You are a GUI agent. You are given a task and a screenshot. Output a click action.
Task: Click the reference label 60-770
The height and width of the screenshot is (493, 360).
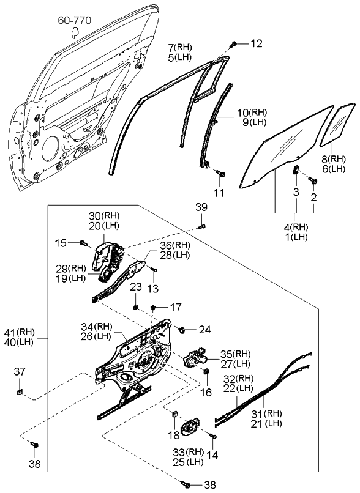pos(74,21)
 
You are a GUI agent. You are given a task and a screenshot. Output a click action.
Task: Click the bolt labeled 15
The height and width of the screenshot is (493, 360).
pos(82,243)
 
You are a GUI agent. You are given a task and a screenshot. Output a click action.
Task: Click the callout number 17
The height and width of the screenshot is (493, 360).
pos(176,307)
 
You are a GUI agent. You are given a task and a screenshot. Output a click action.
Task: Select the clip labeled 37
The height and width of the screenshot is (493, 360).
pos(20,392)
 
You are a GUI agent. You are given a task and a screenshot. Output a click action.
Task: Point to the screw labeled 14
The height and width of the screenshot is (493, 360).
pos(212,436)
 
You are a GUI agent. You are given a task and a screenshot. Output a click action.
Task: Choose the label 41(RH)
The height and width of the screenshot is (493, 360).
pos(20,333)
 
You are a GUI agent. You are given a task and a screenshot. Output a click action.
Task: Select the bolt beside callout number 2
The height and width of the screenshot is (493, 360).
pos(312,181)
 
